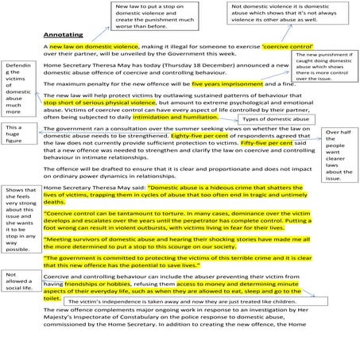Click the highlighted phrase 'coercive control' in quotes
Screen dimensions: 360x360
[x=257, y=48]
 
